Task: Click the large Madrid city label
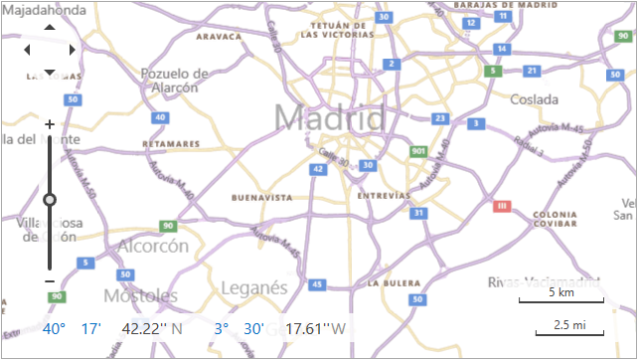coord(329,117)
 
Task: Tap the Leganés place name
coord(254,287)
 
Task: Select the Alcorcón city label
coord(153,246)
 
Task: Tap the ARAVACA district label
coord(220,36)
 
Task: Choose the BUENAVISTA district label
coord(261,198)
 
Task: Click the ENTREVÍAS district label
coord(385,195)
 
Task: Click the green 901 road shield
coord(418,152)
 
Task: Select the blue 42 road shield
coord(317,170)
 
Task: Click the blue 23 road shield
coord(439,118)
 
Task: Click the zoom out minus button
coord(50,280)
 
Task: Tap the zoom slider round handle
coord(50,200)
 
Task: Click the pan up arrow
coord(50,27)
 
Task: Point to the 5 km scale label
coord(560,293)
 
